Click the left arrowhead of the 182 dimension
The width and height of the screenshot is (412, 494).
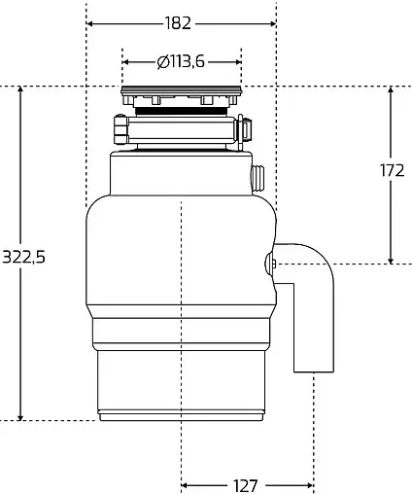point(90,22)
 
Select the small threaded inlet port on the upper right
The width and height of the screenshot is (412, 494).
point(257,179)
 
